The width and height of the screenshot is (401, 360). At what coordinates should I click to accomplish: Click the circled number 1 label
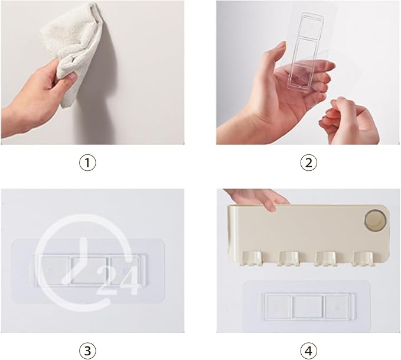point(87,163)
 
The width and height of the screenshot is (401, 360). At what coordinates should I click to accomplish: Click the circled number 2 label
point(308,163)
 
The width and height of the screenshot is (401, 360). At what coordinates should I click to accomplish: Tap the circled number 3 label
point(87,351)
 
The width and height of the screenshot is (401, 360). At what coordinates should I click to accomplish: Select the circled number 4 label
point(308,351)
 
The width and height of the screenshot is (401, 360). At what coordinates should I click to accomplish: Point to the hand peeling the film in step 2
point(348,121)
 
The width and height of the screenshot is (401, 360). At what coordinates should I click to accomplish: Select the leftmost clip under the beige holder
point(252,258)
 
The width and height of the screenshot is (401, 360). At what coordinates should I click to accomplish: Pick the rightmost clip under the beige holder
point(363,258)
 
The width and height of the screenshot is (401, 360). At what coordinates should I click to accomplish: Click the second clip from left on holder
point(289,258)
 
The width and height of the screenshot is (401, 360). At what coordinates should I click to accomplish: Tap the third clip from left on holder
point(326,258)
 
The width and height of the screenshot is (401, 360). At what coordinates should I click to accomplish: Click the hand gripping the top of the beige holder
point(258,199)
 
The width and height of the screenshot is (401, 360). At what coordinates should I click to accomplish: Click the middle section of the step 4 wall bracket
point(308,306)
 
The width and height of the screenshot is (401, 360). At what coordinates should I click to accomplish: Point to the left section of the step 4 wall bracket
point(278,306)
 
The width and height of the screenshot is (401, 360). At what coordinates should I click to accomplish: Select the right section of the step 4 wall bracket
point(337,306)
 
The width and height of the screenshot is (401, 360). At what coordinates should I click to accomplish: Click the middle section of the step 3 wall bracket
point(89,270)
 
